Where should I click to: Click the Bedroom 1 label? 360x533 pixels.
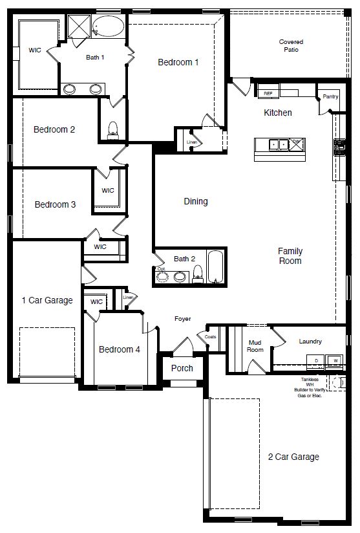(178, 62)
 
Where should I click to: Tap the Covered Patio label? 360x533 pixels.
(291, 46)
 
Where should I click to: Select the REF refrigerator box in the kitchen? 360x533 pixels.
(268, 94)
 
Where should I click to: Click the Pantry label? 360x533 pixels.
(330, 96)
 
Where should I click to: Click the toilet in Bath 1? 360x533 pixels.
(113, 129)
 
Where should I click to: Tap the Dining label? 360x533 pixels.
(195, 201)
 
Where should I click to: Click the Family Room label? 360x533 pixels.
(290, 256)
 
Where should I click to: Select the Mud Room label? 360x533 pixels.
(255, 346)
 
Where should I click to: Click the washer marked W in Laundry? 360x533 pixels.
(335, 360)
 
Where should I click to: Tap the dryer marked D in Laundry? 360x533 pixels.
(316, 360)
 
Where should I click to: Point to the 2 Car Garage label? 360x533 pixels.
(293, 457)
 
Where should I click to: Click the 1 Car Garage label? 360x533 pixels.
(47, 300)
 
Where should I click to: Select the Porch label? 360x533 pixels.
(182, 368)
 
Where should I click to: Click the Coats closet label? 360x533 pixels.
(210, 337)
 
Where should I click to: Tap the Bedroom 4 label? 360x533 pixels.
(119, 349)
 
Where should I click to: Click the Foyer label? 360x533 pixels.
(184, 318)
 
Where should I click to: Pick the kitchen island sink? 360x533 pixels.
(279, 144)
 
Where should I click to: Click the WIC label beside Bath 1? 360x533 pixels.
(35, 50)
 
